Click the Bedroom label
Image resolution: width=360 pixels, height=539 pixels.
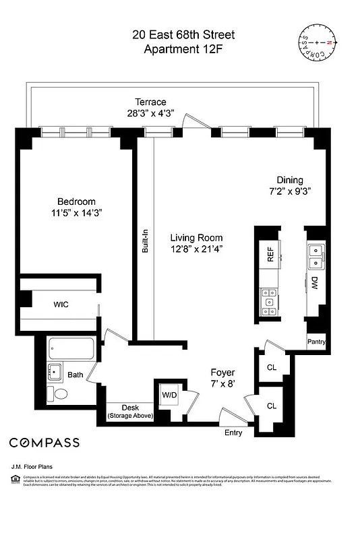coord(76,201)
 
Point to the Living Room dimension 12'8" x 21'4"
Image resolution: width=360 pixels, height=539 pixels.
coord(196,249)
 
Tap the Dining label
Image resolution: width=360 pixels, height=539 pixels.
coord(290,180)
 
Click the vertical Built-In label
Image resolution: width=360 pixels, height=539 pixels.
coord(144,239)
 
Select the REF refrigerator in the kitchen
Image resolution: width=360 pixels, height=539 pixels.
coord(270,253)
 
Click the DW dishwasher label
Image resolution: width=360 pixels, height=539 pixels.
coord(314,283)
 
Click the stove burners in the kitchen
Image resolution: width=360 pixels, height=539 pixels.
coord(269,300)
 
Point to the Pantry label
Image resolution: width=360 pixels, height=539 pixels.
coord(316,342)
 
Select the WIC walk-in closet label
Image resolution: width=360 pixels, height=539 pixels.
coord(61,305)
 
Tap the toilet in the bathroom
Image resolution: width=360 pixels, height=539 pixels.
coord(58,393)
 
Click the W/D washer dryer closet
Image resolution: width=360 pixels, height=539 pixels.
coord(169,395)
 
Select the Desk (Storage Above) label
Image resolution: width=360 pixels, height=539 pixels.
coord(130,412)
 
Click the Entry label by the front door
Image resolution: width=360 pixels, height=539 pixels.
coord(233,433)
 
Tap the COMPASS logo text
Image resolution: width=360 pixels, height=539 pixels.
coord(44,443)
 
